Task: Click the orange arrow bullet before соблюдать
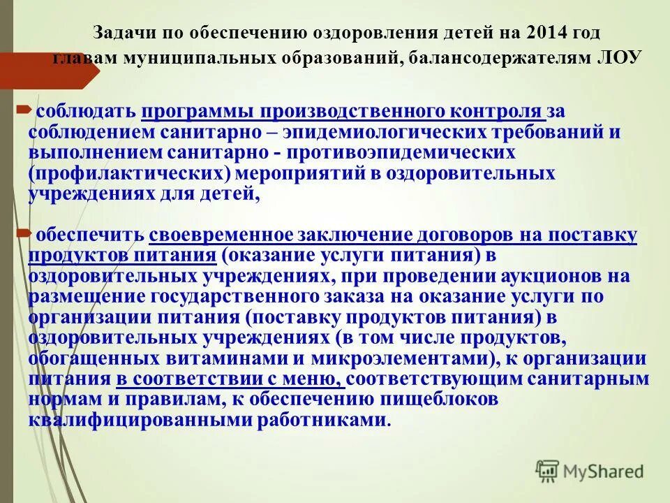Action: (x=22, y=110)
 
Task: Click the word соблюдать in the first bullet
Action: (x=87, y=112)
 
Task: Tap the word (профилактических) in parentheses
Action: (x=129, y=173)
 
